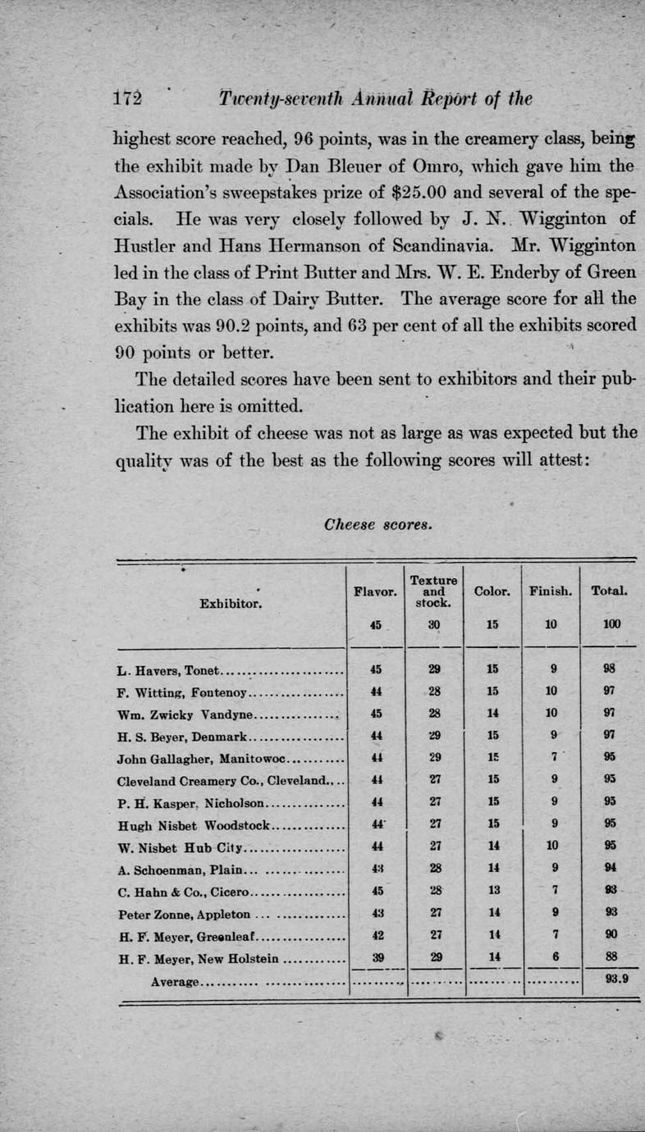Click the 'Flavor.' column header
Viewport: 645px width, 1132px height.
(374, 589)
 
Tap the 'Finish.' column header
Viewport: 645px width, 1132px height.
(551, 590)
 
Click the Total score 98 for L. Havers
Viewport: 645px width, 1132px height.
(610, 668)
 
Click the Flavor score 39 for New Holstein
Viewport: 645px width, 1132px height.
(375, 956)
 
